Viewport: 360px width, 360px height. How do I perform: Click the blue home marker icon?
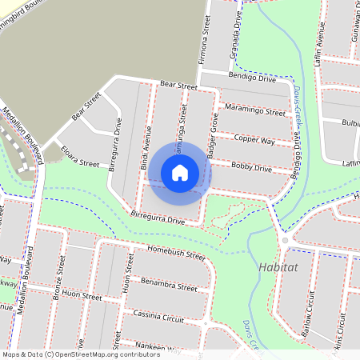tap(180, 172)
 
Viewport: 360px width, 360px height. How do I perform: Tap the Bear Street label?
tap(178, 85)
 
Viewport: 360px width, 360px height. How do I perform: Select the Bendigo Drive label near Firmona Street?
tap(251, 79)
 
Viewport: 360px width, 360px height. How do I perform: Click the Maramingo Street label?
tap(254, 112)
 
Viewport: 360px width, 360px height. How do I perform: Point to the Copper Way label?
tap(254, 141)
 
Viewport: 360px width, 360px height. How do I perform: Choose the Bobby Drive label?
tap(251, 168)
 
